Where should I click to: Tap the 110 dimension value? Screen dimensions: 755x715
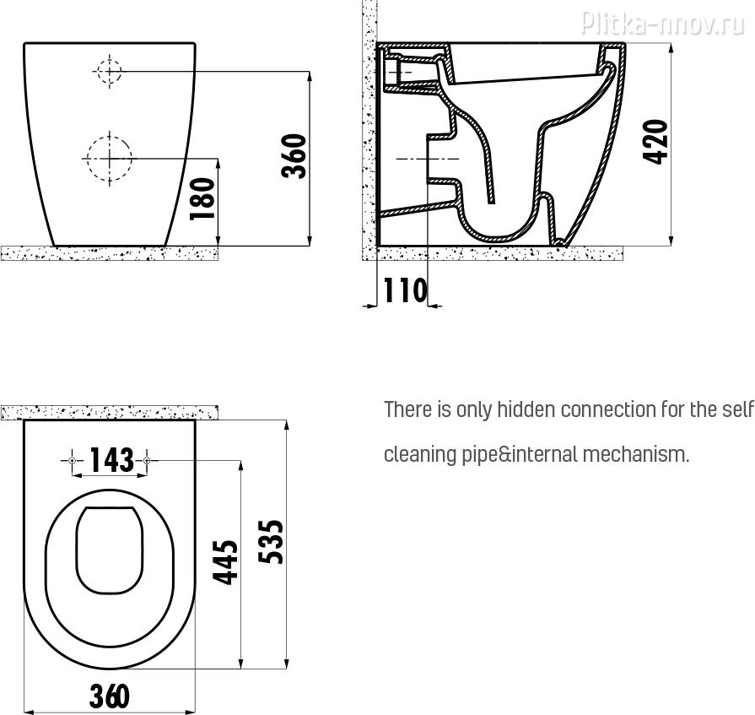[405, 290]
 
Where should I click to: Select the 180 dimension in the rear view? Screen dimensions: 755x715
[202, 198]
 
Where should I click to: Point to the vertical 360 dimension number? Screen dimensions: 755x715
[294, 156]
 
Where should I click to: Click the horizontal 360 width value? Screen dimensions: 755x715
[110, 696]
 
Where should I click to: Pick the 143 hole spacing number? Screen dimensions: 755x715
[112, 459]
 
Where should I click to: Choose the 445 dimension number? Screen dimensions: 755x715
[226, 562]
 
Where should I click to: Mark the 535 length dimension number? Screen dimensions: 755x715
[271, 542]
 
